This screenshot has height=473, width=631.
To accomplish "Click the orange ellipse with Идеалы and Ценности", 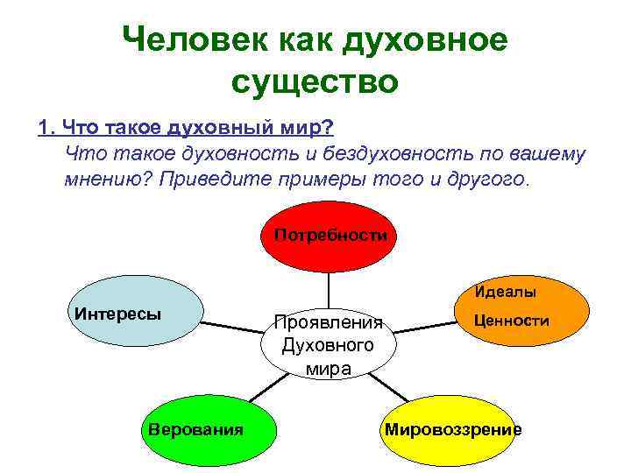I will coord(512,312).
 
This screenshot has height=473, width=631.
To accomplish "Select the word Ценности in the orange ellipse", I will coord(512,321).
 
